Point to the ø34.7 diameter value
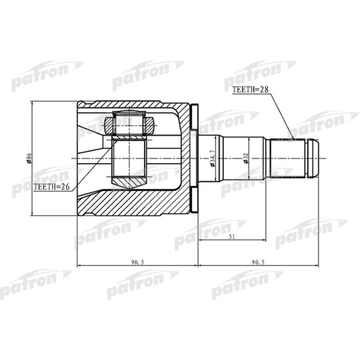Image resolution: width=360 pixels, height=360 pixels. tap(211, 159)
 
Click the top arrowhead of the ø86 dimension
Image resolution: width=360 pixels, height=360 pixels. tap(32, 104)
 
